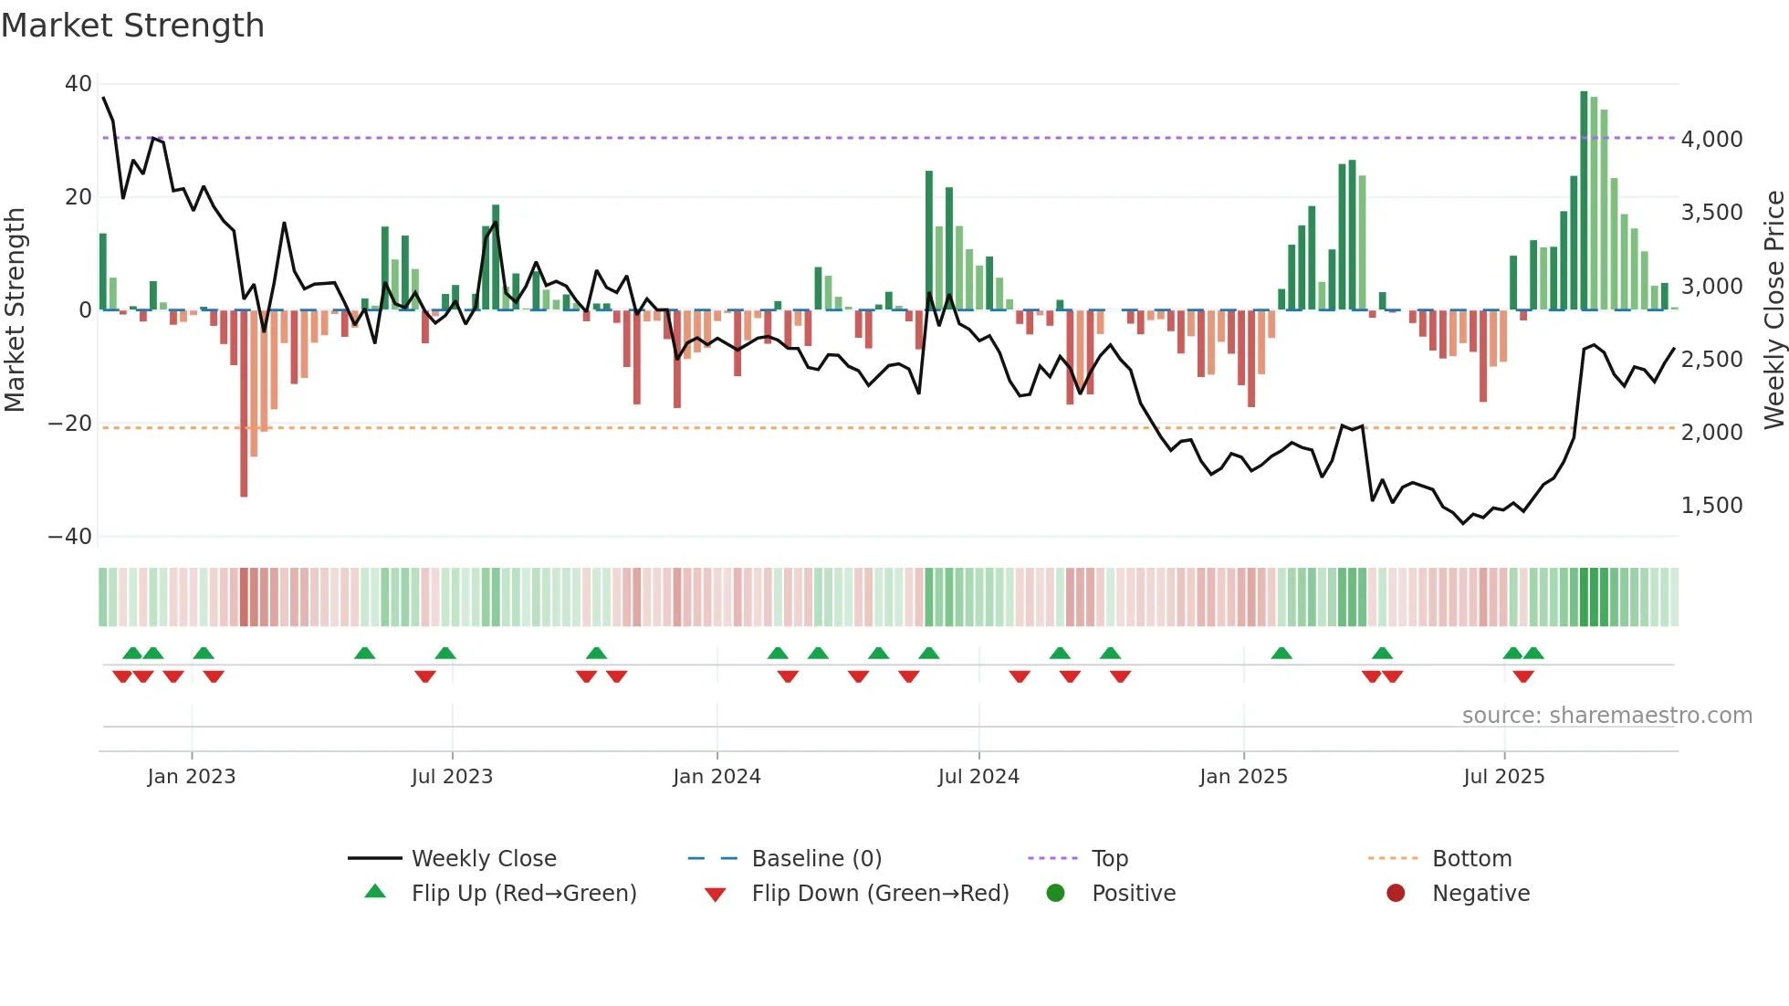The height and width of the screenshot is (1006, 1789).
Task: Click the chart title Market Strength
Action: click(x=133, y=26)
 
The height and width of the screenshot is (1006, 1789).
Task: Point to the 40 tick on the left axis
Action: click(x=78, y=84)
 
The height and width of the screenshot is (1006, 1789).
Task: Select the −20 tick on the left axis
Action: click(x=70, y=424)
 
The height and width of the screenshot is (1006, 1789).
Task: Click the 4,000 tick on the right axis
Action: click(x=1711, y=140)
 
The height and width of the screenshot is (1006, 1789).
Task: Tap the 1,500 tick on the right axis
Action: click(x=1711, y=506)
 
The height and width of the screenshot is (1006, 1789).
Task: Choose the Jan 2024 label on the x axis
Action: click(x=717, y=777)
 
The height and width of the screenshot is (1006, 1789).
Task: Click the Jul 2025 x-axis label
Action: click(x=1503, y=777)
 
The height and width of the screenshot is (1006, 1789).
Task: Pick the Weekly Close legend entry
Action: click(x=483, y=859)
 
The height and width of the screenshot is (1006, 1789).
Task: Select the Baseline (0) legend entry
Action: click(x=816, y=859)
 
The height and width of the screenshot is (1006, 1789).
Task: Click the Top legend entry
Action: click(x=1109, y=859)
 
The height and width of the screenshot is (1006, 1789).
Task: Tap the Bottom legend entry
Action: click(x=1471, y=859)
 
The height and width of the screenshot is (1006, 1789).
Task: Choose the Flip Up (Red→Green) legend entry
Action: click(x=523, y=894)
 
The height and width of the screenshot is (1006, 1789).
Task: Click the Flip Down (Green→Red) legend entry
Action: click(x=880, y=894)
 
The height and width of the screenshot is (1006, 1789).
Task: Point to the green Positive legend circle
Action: click(x=1056, y=894)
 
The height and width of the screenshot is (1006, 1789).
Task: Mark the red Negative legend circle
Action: click(x=1396, y=894)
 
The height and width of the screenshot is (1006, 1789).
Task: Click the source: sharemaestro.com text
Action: click(x=1606, y=716)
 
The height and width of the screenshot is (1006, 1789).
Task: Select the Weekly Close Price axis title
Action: click(x=1773, y=309)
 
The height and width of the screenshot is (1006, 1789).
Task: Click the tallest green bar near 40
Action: click(x=1584, y=201)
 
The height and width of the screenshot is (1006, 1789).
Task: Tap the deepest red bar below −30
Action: click(x=244, y=402)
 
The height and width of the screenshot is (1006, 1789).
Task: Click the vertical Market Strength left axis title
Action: click(x=16, y=309)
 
